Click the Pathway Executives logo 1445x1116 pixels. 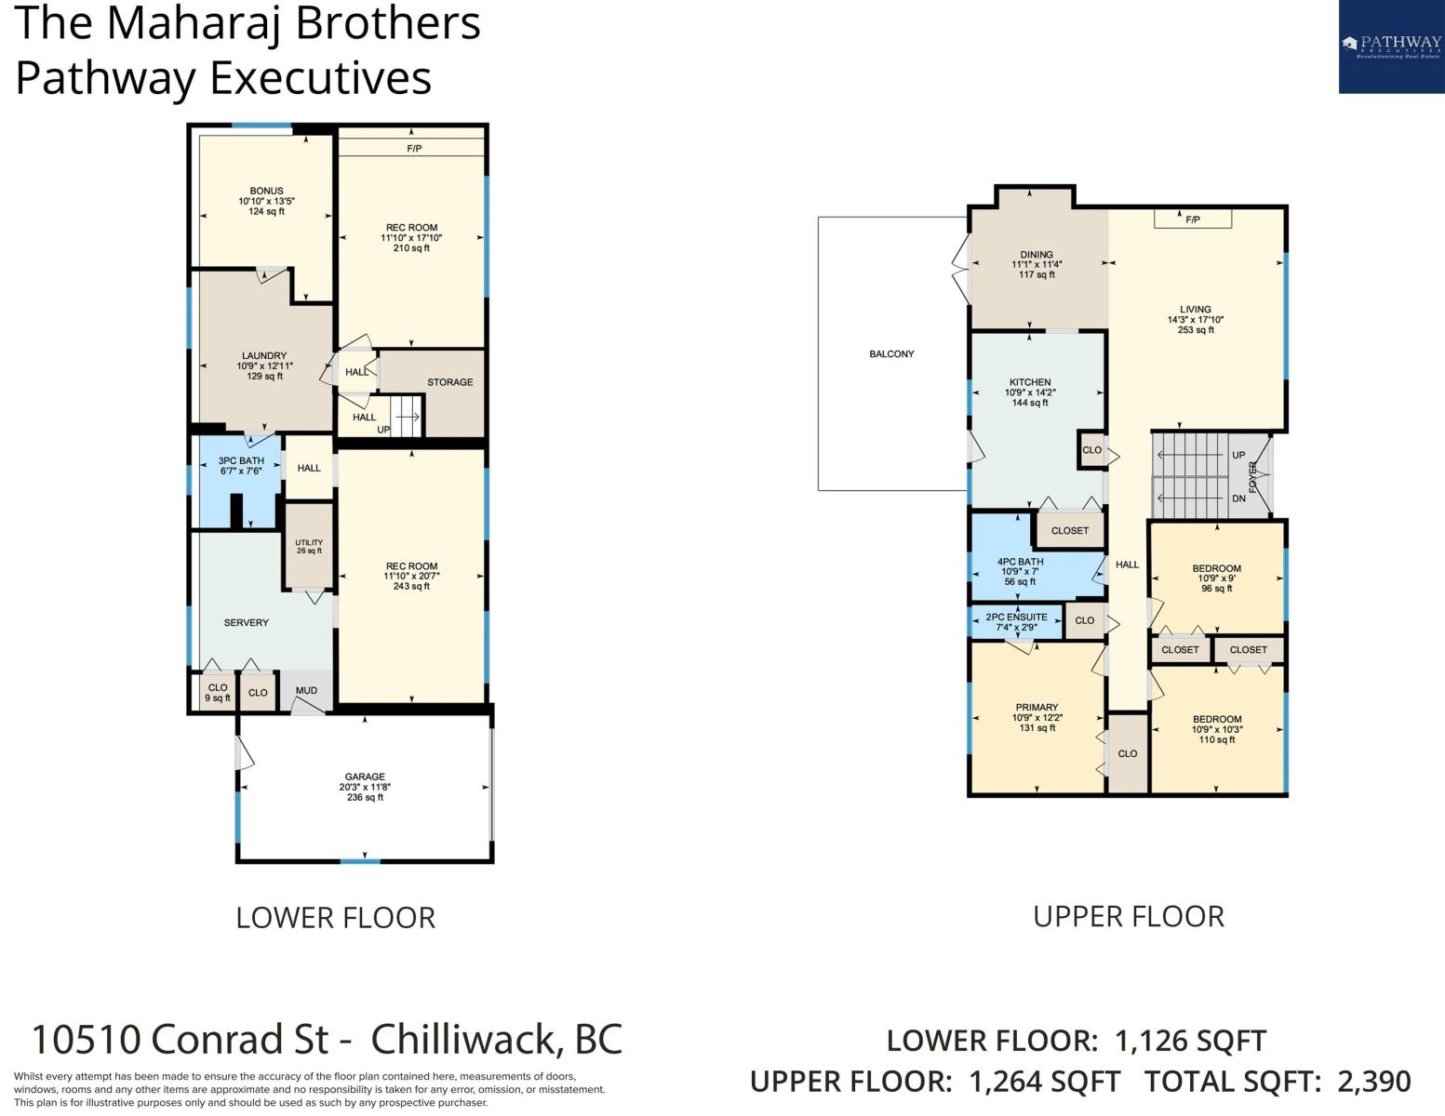click(x=1391, y=46)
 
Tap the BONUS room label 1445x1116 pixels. click(x=267, y=191)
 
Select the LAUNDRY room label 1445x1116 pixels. click(x=264, y=355)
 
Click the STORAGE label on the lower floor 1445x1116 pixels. click(x=450, y=382)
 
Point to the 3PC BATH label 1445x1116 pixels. click(x=241, y=460)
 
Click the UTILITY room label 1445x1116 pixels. click(x=309, y=542)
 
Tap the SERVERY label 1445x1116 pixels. click(x=246, y=623)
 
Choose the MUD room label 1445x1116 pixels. click(x=306, y=691)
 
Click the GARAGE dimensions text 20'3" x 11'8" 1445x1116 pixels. click(x=365, y=787)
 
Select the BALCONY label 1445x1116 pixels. click(x=891, y=354)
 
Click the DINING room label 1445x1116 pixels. click(x=1037, y=255)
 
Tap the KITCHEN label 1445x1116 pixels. click(x=1030, y=382)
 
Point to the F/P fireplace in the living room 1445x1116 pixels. click(x=1193, y=219)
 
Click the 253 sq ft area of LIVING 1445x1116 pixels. click(x=1196, y=329)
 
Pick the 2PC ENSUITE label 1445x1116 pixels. click(x=1016, y=617)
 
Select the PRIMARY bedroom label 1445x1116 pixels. click(x=1037, y=707)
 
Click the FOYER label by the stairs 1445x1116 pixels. click(x=1252, y=476)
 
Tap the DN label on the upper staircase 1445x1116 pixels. click(x=1238, y=498)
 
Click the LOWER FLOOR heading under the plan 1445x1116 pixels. click(x=336, y=918)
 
